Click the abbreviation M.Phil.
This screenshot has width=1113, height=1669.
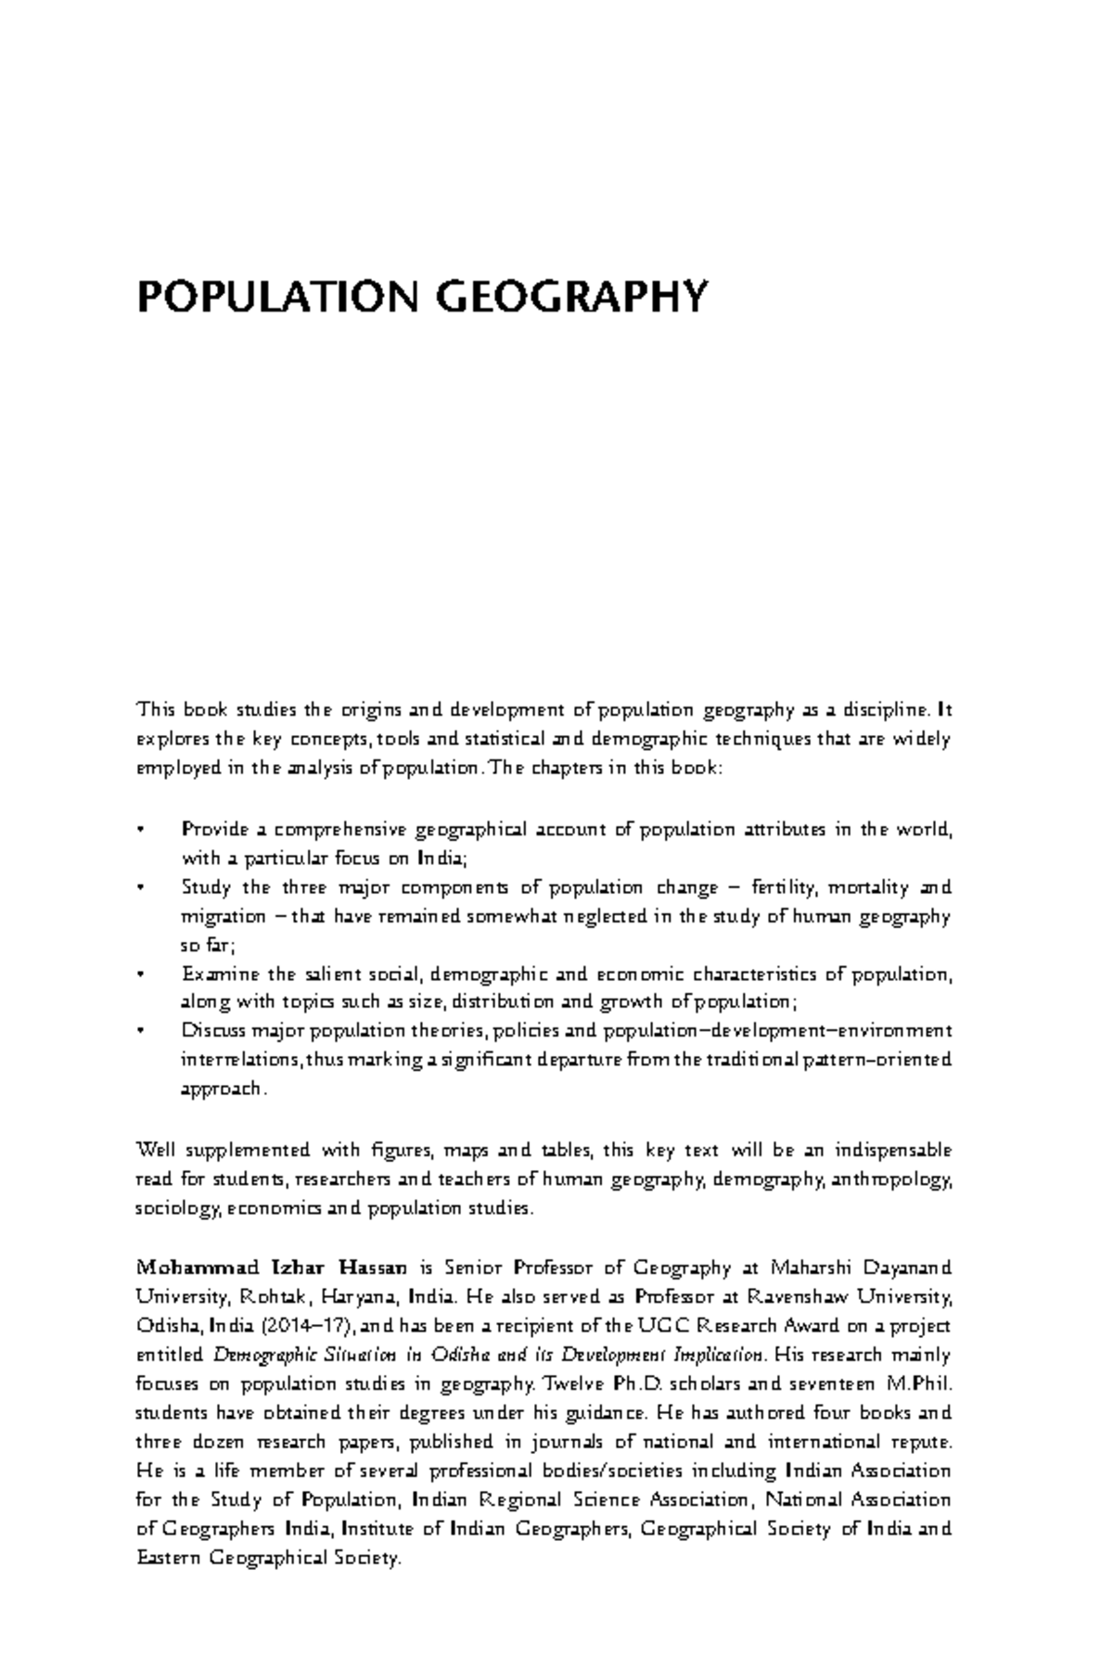click(919, 1384)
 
